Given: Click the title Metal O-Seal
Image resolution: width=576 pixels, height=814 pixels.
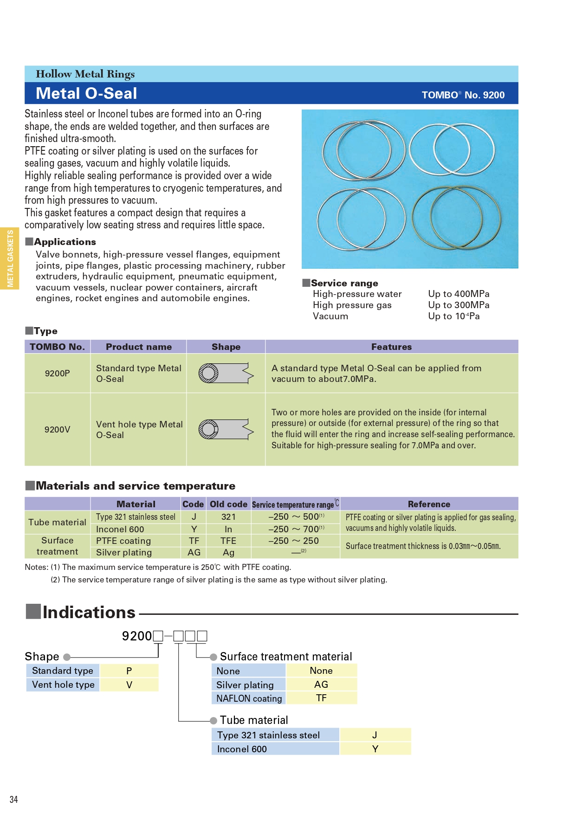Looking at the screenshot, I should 86,94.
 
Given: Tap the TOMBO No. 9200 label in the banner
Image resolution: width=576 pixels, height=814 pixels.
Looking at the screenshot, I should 463,95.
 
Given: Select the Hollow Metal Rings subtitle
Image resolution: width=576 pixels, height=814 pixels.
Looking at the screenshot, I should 85,74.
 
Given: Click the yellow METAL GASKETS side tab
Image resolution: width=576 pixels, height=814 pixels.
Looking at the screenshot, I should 10,258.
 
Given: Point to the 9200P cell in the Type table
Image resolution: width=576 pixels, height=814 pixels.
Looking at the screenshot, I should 57,373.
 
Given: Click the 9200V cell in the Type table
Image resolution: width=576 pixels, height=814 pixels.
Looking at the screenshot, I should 57,429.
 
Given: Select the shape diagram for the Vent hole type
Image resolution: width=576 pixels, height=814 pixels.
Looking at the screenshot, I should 226,429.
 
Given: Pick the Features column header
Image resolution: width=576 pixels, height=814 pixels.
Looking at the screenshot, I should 391,347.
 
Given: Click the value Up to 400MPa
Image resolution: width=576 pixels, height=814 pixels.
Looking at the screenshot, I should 459,294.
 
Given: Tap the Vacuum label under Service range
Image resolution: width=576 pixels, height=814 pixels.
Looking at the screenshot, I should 330,316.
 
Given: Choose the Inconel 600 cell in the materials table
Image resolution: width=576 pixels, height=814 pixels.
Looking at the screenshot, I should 120,529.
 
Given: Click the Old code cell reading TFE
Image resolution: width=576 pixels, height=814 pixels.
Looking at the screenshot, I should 228,541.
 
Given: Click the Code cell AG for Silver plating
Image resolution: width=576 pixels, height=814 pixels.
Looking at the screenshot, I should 194,552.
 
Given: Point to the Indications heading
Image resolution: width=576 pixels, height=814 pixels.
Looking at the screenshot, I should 89,612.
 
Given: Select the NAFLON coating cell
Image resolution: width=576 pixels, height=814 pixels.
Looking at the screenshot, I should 249,698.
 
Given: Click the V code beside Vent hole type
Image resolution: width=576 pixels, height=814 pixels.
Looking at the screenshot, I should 129,685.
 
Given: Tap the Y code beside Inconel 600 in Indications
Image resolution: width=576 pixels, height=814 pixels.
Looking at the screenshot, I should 375,749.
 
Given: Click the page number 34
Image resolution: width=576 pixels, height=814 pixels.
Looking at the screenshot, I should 14,799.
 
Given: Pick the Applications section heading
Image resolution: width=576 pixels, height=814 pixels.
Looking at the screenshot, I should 65,242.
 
